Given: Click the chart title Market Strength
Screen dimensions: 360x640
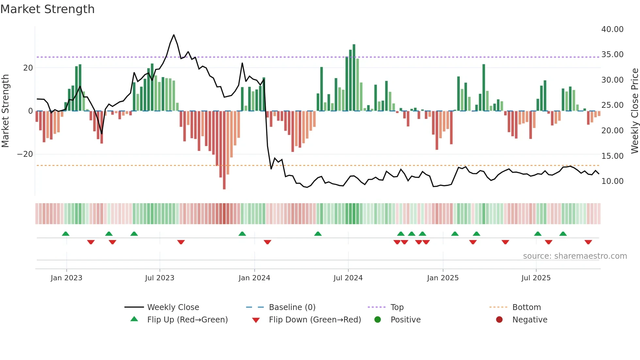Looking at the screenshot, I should click(47, 9).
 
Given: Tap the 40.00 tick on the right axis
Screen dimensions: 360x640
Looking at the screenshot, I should click(612, 29).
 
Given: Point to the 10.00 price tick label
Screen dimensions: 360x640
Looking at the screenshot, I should click(612, 181).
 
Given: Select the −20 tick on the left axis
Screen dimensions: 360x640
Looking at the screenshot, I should click(25, 154).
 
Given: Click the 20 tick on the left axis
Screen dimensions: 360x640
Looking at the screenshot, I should click(28, 68).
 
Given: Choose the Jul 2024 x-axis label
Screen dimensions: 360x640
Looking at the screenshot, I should click(348, 278).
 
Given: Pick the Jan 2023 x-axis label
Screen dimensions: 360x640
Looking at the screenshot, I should click(66, 278).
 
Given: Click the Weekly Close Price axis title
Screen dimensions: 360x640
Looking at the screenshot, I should click(634, 111).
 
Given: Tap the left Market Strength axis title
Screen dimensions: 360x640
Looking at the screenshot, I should click(5, 111).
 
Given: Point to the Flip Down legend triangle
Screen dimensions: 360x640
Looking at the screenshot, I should click(256, 320).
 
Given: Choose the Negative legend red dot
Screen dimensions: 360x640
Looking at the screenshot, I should click(499, 320).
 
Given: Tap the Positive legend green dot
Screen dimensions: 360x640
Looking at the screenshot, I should click(377, 320).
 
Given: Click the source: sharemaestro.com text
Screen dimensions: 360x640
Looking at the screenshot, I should click(575, 256).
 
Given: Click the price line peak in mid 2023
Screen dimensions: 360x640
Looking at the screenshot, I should click(174, 35).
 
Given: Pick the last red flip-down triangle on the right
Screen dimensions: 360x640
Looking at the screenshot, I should click(588, 242).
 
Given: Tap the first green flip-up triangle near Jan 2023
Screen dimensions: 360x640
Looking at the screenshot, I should click(66, 234).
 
